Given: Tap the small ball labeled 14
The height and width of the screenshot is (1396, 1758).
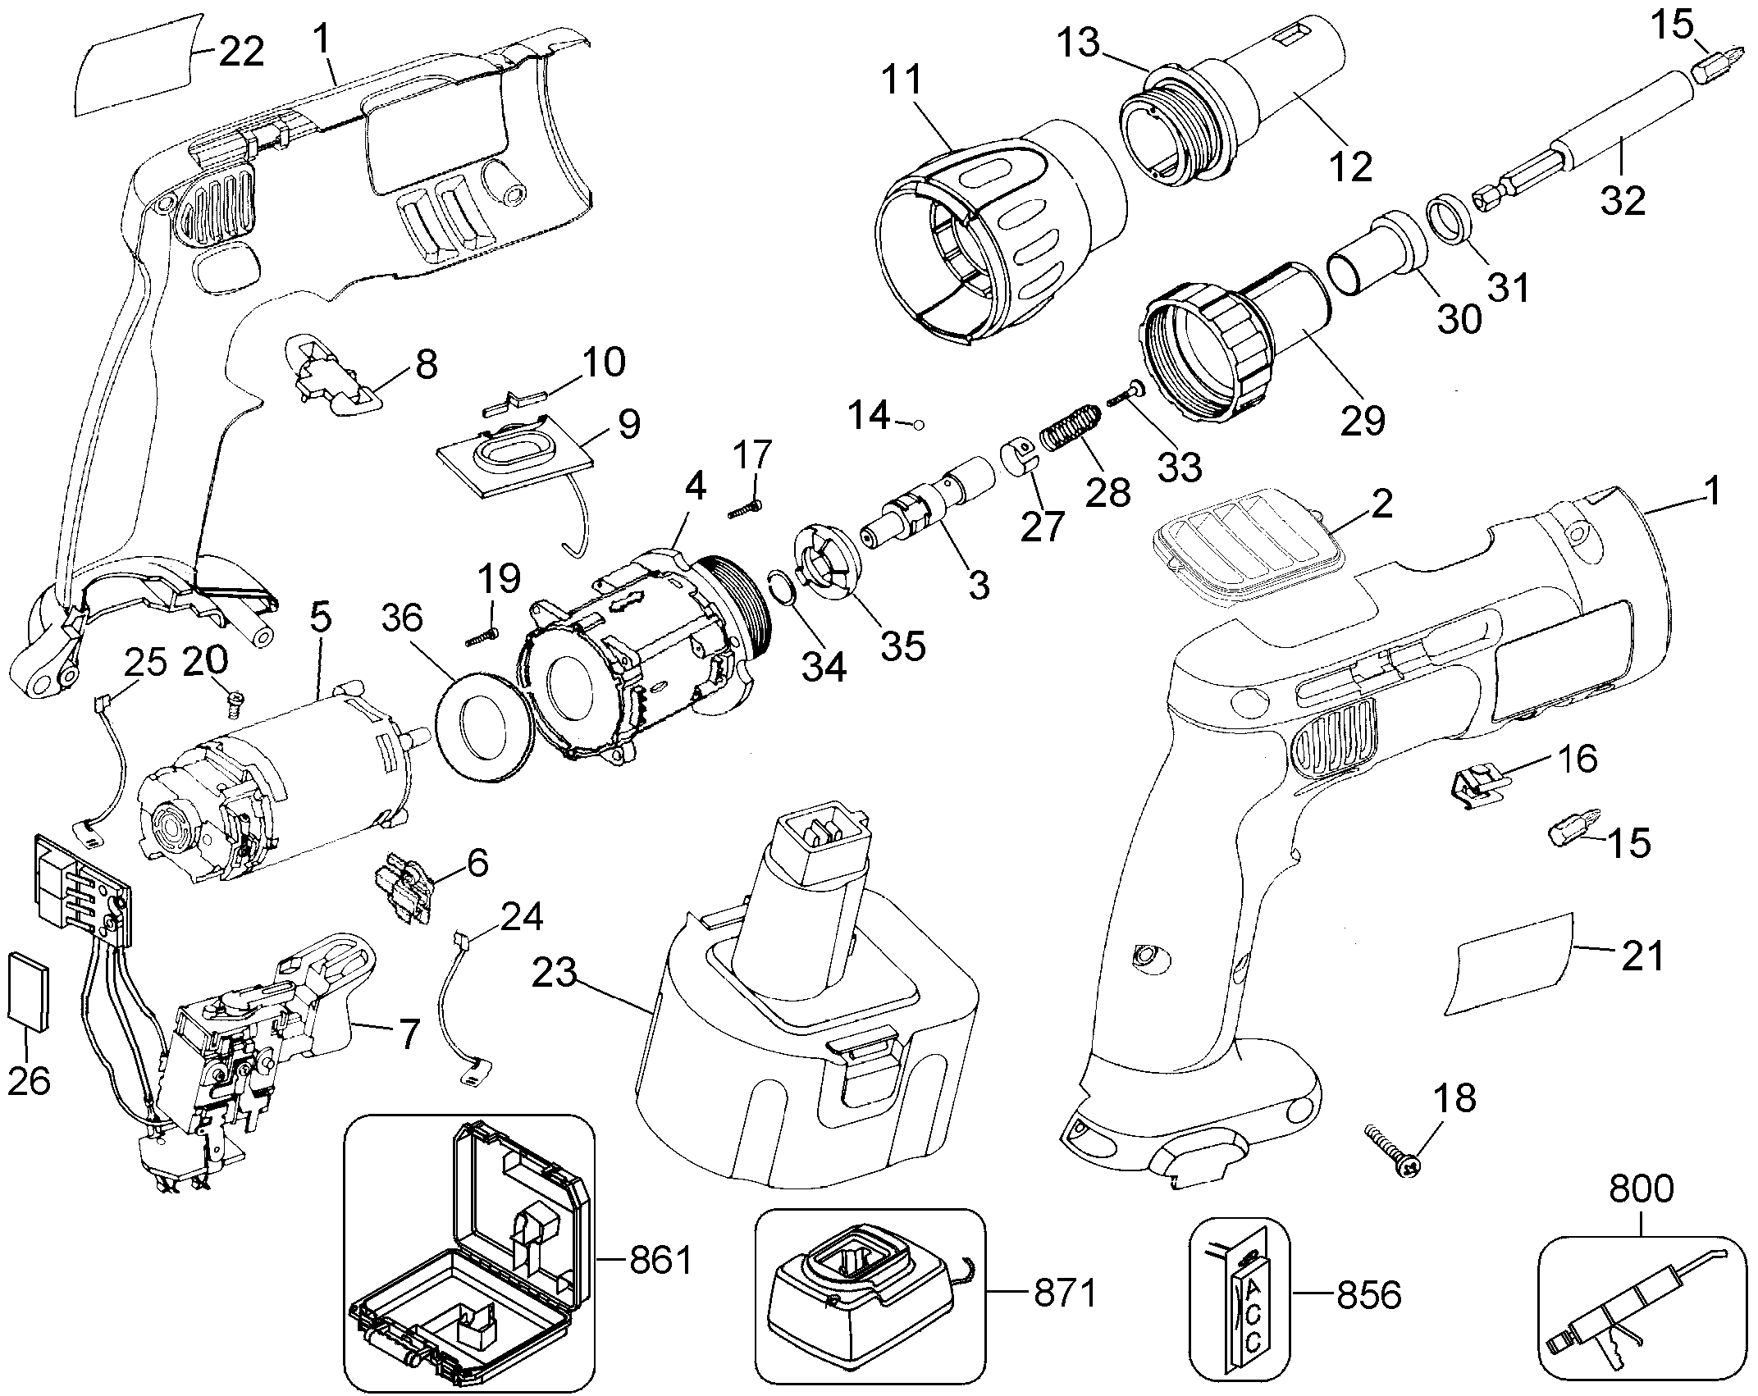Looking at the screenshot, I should coord(919,425).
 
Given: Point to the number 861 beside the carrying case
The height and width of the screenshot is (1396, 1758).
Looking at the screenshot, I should coord(661,1261).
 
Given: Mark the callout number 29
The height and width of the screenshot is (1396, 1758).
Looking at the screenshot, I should coord(1363,420).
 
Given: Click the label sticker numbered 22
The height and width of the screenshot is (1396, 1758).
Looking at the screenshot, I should coord(135,67).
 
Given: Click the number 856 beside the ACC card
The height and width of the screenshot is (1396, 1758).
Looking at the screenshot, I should coord(1368,1296).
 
